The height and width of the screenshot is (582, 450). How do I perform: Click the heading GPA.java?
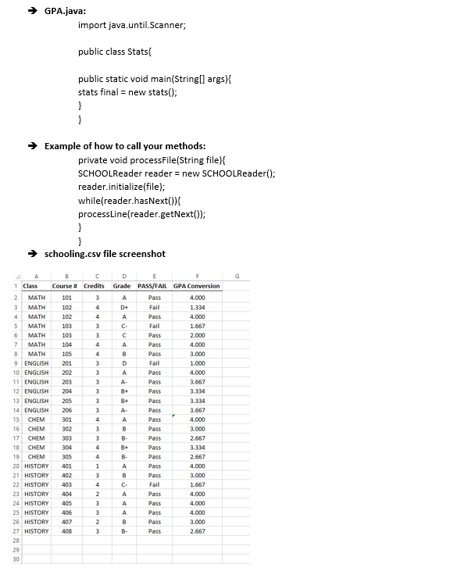[x=65, y=11]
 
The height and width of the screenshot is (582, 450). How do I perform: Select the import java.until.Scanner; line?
[x=132, y=25]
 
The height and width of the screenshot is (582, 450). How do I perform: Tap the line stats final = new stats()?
[x=127, y=91]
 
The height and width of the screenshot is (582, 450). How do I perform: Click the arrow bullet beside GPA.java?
[x=34, y=11]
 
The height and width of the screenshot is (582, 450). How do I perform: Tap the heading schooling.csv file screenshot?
[x=105, y=253]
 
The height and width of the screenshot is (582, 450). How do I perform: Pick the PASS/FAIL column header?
[x=155, y=286]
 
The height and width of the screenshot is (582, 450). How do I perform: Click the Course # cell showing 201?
[x=66, y=363]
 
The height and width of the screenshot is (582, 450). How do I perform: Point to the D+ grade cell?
[x=123, y=307]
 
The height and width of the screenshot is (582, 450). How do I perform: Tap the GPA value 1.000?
[x=197, y=363]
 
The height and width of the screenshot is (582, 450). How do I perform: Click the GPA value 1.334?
[x=197, y=307]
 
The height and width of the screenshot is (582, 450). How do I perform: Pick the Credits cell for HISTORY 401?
[x=95, y=466]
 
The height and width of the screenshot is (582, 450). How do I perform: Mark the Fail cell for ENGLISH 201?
[x=155, y=363]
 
